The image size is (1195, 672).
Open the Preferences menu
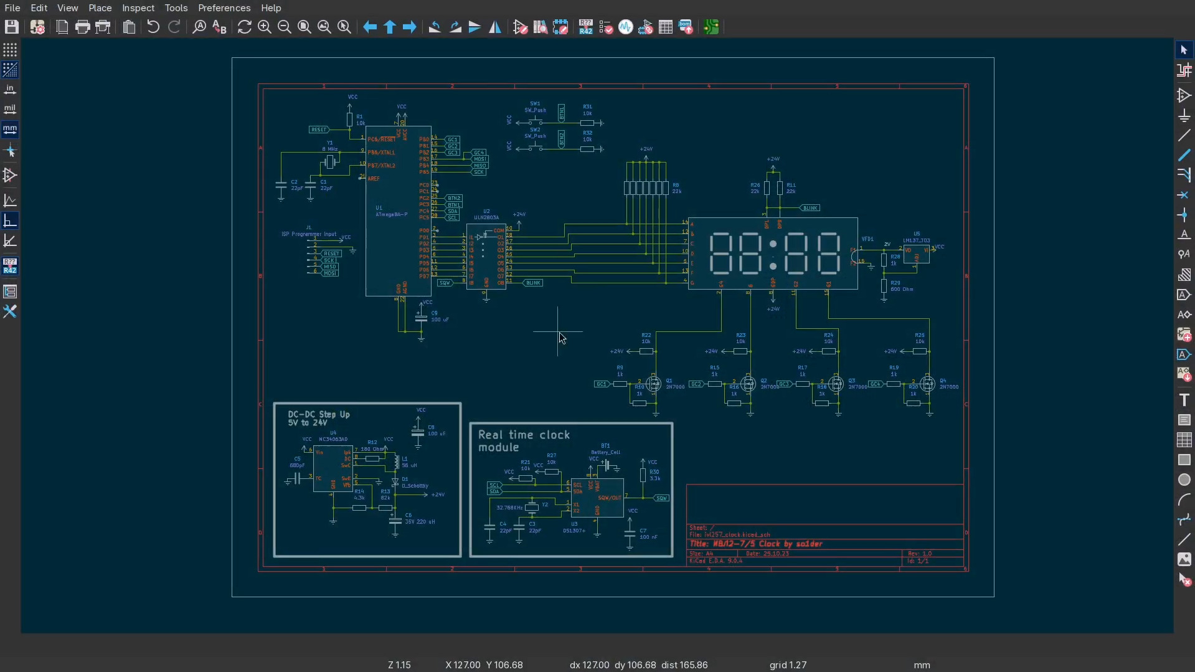[224, 8]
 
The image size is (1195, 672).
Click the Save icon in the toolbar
[11, 27]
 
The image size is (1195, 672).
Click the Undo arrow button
[153, 27]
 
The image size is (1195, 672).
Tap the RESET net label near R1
[318, 130]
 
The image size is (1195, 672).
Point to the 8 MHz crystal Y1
[330, 163]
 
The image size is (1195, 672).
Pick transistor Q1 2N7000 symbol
[653, 384]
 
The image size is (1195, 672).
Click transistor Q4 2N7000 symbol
[927, 384]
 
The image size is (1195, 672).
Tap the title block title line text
[755, 544]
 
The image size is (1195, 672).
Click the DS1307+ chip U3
[597, 498]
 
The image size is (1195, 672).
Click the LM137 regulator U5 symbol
[916, 253]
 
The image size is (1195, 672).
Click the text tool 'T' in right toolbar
[1184, 400]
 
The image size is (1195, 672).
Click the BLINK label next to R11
[810, 208]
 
